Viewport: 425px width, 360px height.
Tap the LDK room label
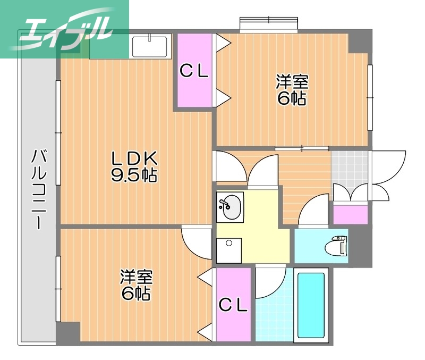[134, 158]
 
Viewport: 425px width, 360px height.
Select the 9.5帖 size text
[134, 175]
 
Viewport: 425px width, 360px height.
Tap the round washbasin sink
[230, 206]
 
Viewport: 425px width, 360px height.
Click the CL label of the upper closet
[194, 71]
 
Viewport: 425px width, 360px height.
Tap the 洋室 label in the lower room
[136, 277]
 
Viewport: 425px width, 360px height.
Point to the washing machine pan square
[229, 249]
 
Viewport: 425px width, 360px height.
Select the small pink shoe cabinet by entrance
[350, 214]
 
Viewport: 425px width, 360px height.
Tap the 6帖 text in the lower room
[136, 294]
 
